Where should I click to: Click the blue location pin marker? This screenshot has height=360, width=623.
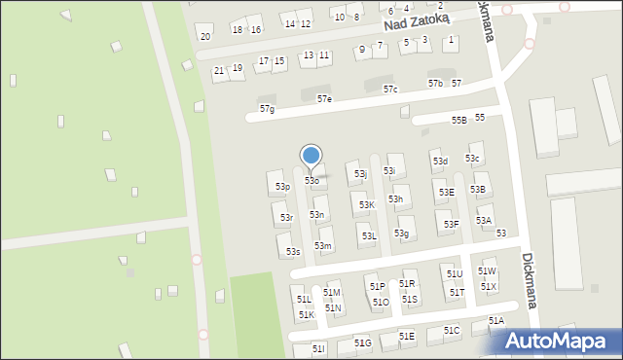coord(311,156)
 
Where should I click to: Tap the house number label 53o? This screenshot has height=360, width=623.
coord(311,181)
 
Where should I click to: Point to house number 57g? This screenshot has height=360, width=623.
coord(267,109)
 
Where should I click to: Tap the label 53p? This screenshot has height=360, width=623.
coord(282,186)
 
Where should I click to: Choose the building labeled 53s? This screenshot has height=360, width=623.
coord(293,252)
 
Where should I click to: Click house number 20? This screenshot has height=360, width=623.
coord(204,37)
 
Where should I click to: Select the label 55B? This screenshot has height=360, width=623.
coord(458,120)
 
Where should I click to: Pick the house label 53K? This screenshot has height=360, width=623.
coord(366,205)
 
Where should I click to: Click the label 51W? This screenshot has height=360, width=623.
coord(487,271)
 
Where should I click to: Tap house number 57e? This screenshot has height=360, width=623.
coord(324,99)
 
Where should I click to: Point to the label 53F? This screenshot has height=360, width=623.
coord(451,225)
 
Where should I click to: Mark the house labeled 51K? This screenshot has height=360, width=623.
coord(306,315)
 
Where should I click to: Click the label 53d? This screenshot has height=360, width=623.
coord(440,162)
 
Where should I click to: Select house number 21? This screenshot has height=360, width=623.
coord(219,71)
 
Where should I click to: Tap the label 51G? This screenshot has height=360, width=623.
coord(363,343)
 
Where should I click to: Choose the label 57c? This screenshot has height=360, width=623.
coord(390,90)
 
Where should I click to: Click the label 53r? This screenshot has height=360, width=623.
coord(286,218)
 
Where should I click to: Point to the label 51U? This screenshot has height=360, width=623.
coord(455,274)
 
